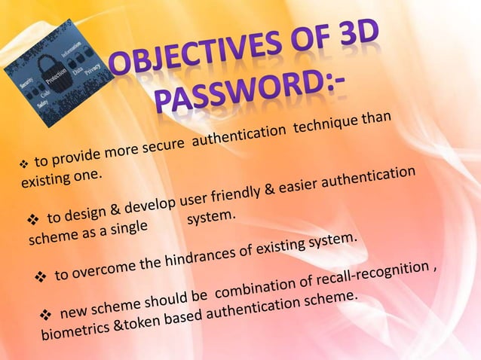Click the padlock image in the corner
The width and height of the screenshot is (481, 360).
coord(57,72)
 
